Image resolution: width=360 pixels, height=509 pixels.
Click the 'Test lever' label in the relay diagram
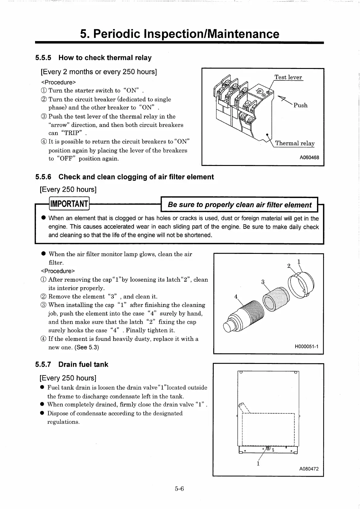click(x=288, y=77)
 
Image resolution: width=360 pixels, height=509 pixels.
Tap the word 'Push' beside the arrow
click(x=300, y=105)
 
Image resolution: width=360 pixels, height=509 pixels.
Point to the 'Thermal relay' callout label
click(x=295, y=143)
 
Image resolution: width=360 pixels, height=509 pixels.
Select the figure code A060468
click(x=309, y=157)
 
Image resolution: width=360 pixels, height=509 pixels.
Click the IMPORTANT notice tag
click(x=69, y=204)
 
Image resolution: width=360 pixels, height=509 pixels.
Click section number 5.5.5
click(x=43, y=58)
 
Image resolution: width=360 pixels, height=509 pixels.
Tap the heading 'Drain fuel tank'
click(x=83, y=364)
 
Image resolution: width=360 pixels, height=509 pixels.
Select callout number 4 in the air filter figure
click(x=236, y=297)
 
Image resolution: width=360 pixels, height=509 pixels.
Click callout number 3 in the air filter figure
click(x=263, y=282)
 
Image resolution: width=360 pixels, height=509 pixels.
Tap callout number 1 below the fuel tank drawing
click(x=258, y=464)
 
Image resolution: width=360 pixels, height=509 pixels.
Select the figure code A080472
click(x=309, y=469)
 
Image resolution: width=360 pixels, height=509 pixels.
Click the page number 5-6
click(x=179, y=489)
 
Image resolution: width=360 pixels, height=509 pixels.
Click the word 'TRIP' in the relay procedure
click(x=71, y=133)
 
